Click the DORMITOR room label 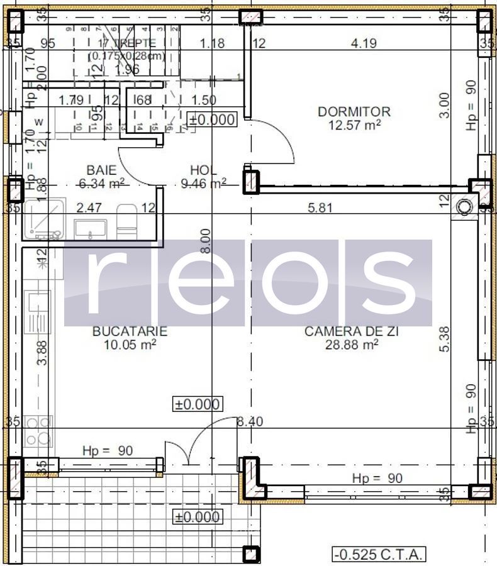coord(354,111)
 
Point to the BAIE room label coord(101,170)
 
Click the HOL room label coord(203,170)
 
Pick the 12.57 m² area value coord(354,125)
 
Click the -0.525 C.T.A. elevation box coord(379,554)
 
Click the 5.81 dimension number coord(320,208)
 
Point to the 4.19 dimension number coord(364,43)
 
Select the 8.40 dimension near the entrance coord(249,422)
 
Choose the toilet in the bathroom coord(126,222)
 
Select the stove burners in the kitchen coord(37,431)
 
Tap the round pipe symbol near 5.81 coord(465,206)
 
